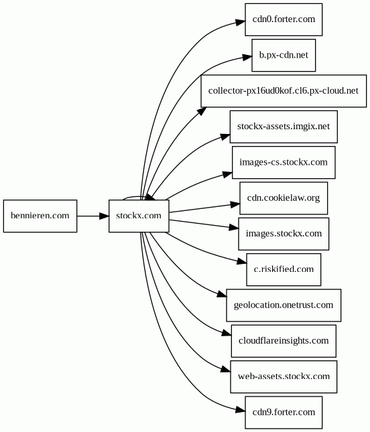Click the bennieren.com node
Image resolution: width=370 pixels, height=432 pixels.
[40, 216]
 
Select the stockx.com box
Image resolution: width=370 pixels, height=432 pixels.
[139, 216]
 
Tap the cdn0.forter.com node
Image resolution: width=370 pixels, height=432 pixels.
[284, 19]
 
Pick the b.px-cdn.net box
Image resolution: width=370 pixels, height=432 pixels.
[284, 55]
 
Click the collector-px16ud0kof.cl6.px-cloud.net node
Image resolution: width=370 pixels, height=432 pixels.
[284, 91]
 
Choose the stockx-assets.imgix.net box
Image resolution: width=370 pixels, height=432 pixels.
[284, 127]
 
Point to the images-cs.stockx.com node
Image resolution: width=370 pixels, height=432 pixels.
[284, 162]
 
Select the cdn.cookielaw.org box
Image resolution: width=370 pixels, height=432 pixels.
[284, 198]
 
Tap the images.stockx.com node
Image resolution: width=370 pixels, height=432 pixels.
[284, 234]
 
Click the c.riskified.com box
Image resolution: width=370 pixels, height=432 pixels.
[284, 269]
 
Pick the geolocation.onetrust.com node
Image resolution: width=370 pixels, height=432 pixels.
[284, 305]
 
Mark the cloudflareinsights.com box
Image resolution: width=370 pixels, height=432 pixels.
[284, 341]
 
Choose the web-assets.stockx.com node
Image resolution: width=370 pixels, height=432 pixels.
[284, 376]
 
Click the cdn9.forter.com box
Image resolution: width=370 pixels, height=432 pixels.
[284, 413]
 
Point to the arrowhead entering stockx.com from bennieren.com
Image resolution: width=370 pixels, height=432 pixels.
[104, 216]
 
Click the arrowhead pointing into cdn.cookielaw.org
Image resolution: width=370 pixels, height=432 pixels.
[235, 204]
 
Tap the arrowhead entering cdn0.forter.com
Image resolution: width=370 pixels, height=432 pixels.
[240, 22]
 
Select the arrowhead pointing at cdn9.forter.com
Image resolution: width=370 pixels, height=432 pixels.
[240, 411]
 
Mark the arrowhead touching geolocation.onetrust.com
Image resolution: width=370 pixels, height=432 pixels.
[222, 295]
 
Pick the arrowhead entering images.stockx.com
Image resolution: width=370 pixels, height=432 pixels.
[234, 227]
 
